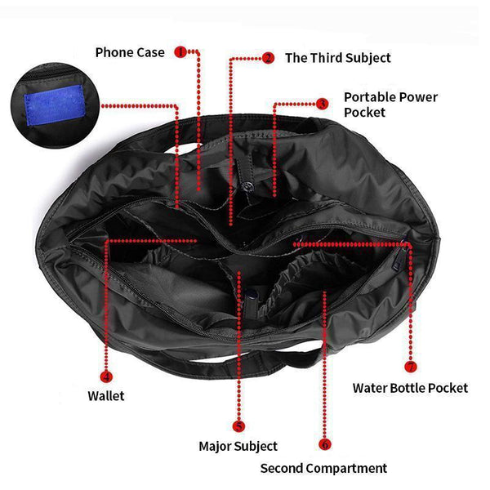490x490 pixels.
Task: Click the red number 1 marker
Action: [x=180, y=52]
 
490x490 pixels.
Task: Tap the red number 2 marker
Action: [x=268, y=58]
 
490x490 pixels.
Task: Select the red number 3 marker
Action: [x=323, y=104]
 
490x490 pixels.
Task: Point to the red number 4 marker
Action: [x=106, y=376]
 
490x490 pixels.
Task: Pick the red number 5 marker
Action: [x=238, y=426]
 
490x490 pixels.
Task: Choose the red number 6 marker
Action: [x=325, y=444]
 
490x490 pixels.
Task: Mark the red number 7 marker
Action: [x=411, y=367]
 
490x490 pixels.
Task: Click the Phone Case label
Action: [x=130, y=52]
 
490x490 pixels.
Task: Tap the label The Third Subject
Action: [x=338, y=58]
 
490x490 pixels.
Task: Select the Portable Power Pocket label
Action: [x=390, y=105]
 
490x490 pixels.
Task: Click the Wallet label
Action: [x=106, y=396]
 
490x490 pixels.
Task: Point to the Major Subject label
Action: [x=238, y=446]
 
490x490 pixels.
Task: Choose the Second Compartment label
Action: [x=323, y=469]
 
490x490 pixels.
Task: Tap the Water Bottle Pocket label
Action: [x=410, y=388]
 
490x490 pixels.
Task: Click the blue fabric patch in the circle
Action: [x=55, y=105]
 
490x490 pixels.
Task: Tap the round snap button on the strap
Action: [x=247, y=186]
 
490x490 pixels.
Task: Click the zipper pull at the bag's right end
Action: [x=399, y=261]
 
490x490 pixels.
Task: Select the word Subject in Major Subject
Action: [x=257, y=447]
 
